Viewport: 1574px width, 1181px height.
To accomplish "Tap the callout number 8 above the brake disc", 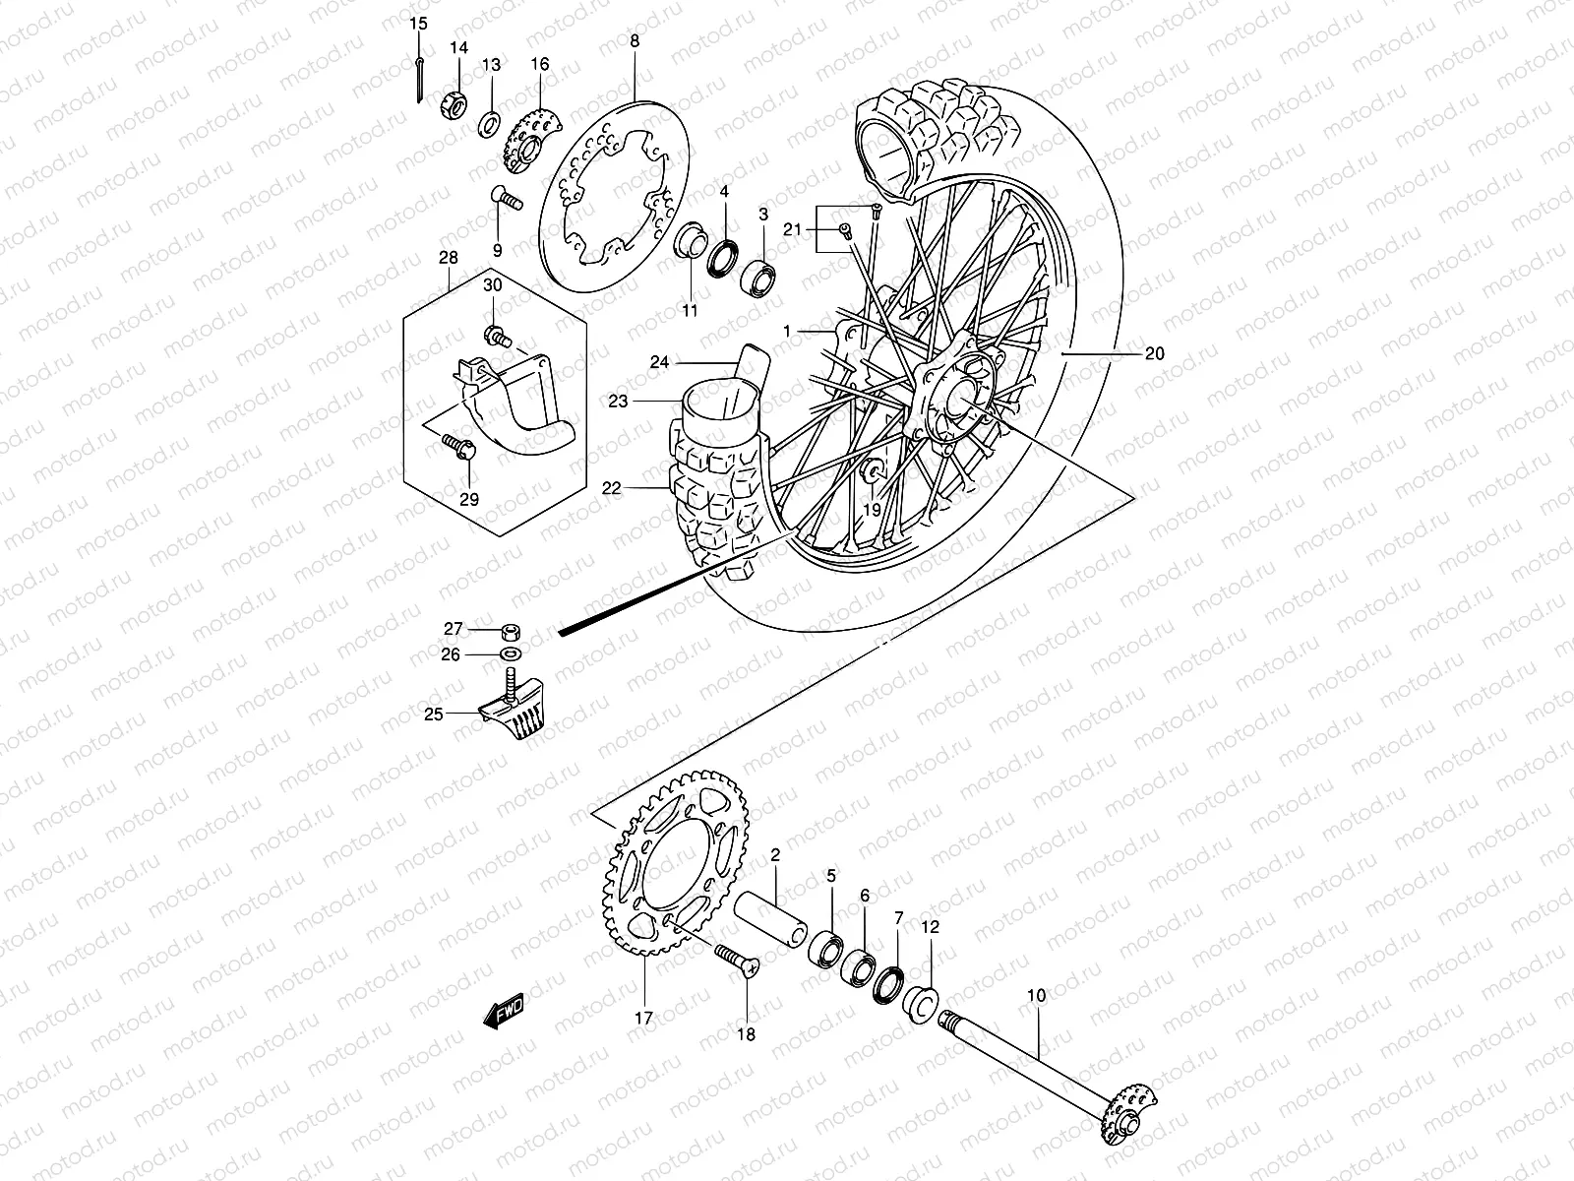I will (x=635, y=41).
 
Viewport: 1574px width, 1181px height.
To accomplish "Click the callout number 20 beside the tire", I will (x=1154, y=353).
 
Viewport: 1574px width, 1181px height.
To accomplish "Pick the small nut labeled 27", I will (x=510, y=632).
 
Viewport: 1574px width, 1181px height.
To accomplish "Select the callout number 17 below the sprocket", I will (x=642, y=1020).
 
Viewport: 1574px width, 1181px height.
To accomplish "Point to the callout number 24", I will (x=659, y=362).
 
